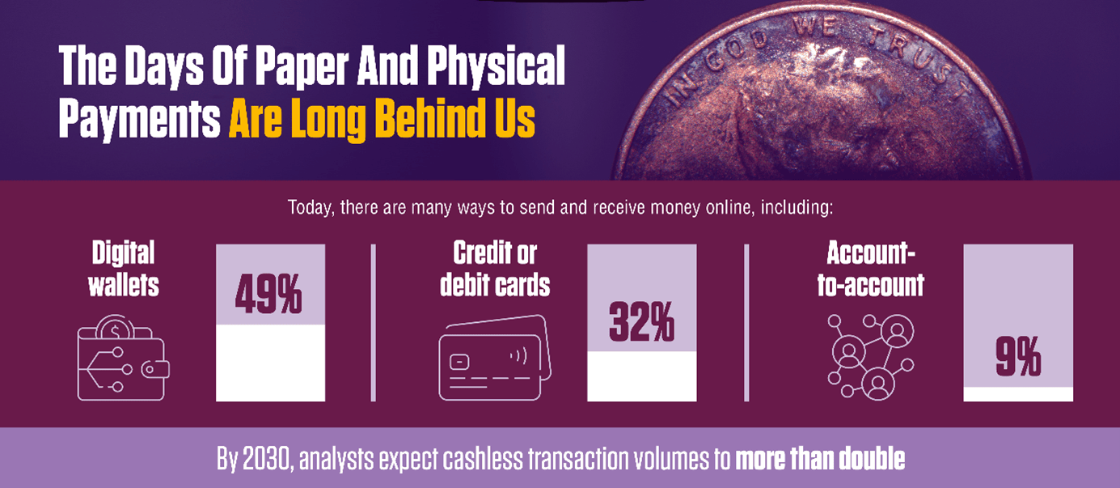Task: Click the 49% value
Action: point(269,294)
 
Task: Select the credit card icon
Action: point(493,356)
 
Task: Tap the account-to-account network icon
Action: point(870,355)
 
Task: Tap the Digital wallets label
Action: point(124,269)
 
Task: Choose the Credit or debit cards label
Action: point(495,269)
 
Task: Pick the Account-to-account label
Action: point(870,269)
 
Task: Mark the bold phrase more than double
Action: point(819,459)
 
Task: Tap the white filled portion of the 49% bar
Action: point(270,363)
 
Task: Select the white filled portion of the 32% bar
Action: point(641,376)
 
